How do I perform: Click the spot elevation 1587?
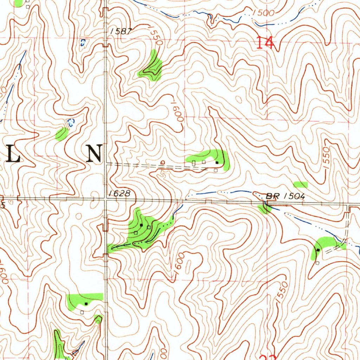[121, 31]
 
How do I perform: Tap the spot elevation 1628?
[120, 193]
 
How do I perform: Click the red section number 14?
[264, 43]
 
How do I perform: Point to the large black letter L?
[14, 154]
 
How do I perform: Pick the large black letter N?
[95, 154]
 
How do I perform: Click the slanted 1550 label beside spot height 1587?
[155, 37]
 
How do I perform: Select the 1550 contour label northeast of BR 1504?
[327, 159]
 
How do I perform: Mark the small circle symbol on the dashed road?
[162, 162]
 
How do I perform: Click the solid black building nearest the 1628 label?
[141, 225]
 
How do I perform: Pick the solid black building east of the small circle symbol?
[217, 162]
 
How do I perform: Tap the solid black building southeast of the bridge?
[318, 250]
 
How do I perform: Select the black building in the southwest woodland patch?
[86, 303]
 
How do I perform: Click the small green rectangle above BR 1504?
[301, 184]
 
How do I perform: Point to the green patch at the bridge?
[264, 209]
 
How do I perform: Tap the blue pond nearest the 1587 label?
[83, 43]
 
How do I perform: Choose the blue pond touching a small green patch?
[70, 123]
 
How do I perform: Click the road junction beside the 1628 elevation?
[106, 199]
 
